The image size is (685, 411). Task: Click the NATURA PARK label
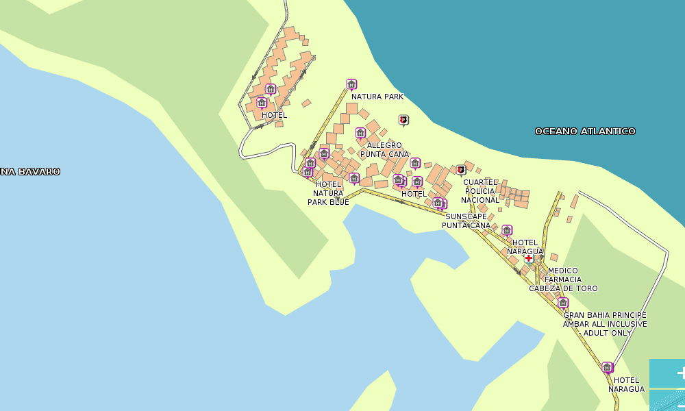pos(377,97)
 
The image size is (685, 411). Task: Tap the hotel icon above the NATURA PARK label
pos(351,85)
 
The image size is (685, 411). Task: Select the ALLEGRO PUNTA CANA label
pos(384,149)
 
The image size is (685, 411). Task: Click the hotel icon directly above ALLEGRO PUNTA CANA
pos(360,133)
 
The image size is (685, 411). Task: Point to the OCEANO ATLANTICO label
pos(585,131)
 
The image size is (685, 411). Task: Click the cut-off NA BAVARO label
pos(30,171)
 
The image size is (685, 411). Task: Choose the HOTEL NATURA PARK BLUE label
pos(328,193)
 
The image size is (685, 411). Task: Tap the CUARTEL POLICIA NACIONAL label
pos(480,191)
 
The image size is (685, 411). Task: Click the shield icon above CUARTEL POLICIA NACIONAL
pos(460,169)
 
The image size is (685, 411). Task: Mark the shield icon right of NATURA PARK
pos(403,120)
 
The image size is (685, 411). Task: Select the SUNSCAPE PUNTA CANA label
pos(466,221)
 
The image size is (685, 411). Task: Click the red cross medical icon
pos(529,258)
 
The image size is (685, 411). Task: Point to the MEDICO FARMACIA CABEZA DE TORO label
pos(563,279)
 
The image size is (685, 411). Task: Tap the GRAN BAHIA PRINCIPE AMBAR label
pos(605,319)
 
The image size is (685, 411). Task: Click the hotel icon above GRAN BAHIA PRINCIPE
pos(563,303)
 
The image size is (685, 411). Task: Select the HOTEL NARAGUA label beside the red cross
pos(525,247)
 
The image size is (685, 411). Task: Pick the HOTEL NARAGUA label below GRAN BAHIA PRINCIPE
pos(626,384)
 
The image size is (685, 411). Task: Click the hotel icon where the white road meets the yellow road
pos(607,367)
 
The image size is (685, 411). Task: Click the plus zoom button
pos(678,373)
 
